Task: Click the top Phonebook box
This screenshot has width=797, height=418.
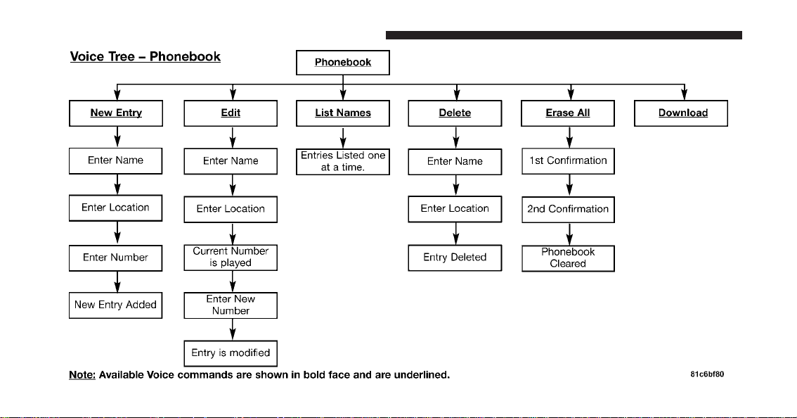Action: click(342, 63)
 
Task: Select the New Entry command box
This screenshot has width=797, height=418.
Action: click(116, 113)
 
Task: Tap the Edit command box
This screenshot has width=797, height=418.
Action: click(231, 113)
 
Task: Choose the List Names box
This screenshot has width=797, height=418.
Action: click(342, 113)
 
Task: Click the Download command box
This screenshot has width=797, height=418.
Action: click(680, 113)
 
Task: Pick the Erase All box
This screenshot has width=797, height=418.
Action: click(568, 113)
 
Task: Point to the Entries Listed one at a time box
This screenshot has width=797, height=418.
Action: click(342, 161)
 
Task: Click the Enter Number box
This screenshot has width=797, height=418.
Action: click(115, 258)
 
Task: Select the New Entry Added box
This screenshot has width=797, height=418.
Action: click(115, 305)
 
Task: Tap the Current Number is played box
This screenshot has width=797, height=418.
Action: click(231, 258)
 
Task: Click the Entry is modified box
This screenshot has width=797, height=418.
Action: click(231, 353)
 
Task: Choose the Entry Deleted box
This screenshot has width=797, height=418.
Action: click(455, 258)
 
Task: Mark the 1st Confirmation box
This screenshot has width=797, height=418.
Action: click(568, 161)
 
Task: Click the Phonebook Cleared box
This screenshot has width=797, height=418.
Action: click(568, 258)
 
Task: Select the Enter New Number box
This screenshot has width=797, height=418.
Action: click(231, 305)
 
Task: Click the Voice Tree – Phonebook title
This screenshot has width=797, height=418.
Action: click(145, 56)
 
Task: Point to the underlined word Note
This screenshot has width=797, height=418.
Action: click(82, 375)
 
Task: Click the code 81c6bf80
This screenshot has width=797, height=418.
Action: click(707, 374)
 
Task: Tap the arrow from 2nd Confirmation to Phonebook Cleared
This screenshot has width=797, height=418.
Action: click(569, 234)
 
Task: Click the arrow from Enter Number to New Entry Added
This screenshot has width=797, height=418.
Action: click(117, 281)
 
